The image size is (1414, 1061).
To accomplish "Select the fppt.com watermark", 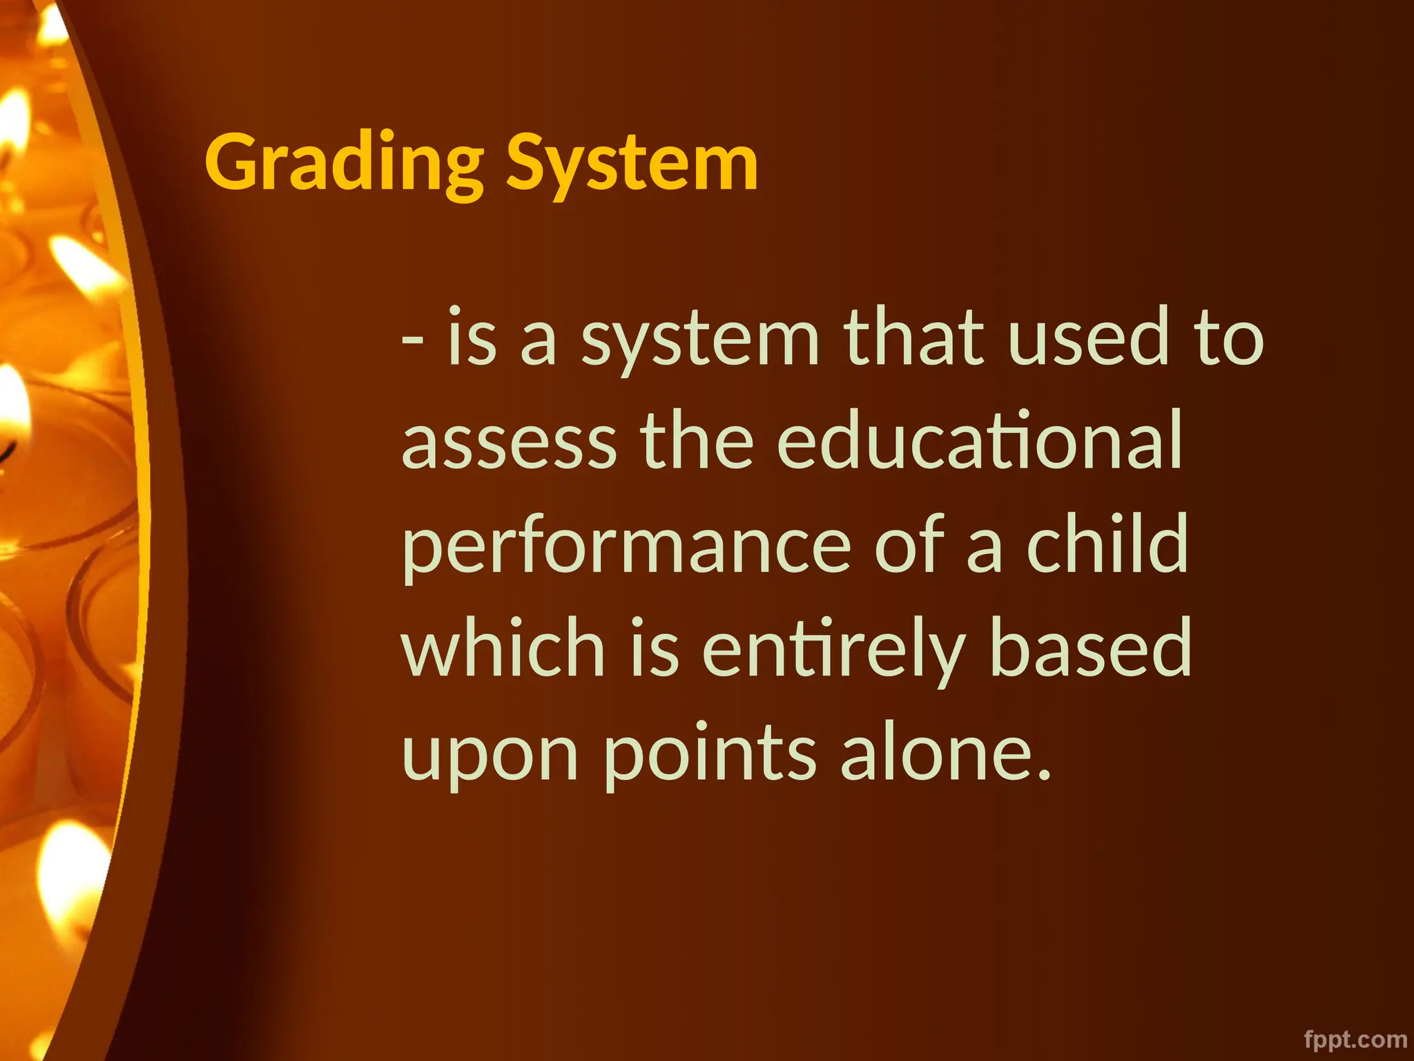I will click(x=1355, y=1040).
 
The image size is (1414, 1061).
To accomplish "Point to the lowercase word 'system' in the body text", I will click(x=699, y=340).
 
